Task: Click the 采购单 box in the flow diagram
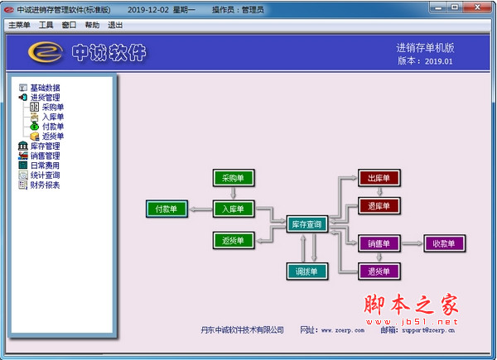[233, 178]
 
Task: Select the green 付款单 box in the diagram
[166, 209]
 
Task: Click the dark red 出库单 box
[379, 178]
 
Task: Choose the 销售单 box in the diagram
[379, 243]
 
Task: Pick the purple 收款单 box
[444, 243]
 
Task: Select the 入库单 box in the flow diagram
[233, 209]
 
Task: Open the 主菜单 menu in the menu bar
[19, 25]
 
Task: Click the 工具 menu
[46, 25]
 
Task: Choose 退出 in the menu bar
[115, 25]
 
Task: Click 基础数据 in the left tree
[45, 88]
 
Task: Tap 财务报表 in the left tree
[45, 185]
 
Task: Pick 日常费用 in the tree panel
[45, 166]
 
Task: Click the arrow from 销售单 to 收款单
[413, 243]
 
